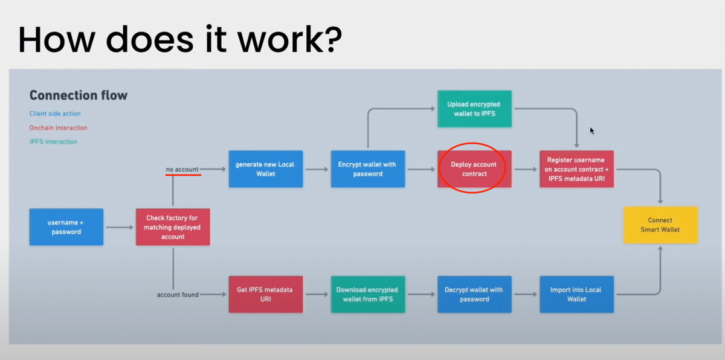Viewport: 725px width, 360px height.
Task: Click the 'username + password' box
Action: coord(66,227)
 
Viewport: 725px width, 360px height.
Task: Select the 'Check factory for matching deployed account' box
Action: coord(173,227)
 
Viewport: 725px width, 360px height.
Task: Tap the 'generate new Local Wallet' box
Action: coord(266,169)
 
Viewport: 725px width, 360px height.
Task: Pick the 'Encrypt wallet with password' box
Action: coord(368,169)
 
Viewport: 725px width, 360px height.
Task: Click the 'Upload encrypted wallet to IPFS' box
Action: coord(475,109)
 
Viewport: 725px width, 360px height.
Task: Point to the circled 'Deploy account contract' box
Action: coord(474,169)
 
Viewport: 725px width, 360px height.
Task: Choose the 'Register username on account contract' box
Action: coord(577,169)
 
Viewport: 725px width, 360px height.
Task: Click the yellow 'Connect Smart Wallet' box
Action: coord(661,225)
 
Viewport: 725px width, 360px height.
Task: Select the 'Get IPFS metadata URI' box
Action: coord(266,294)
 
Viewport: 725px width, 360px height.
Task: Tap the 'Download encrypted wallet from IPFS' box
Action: coord(368,294)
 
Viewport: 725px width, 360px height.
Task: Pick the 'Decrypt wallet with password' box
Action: coord(474,294)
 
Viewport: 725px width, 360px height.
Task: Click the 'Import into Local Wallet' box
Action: coord(577,294)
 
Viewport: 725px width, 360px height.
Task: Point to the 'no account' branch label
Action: coord(182,169)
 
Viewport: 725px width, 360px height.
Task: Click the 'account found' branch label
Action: coord(178,295)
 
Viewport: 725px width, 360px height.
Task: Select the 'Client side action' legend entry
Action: coord(55,114)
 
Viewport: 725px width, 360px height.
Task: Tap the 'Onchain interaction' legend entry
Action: coord(58,128)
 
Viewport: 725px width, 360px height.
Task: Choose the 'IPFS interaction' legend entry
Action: coord(53,142)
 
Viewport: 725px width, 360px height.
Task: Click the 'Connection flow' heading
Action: coord(79,95)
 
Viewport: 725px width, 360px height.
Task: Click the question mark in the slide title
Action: coord(332,39)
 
